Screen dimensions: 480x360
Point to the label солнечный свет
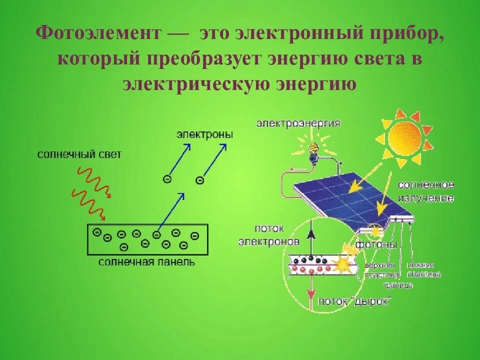[x=79, y=154]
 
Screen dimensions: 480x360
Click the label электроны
[x=204, y=135]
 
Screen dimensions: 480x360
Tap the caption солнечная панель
[x=146, y=261]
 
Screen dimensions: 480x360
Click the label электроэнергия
[x=298, y=123]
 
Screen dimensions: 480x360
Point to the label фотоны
[x=377, y=245]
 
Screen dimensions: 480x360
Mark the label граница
[x=398, y=285]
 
